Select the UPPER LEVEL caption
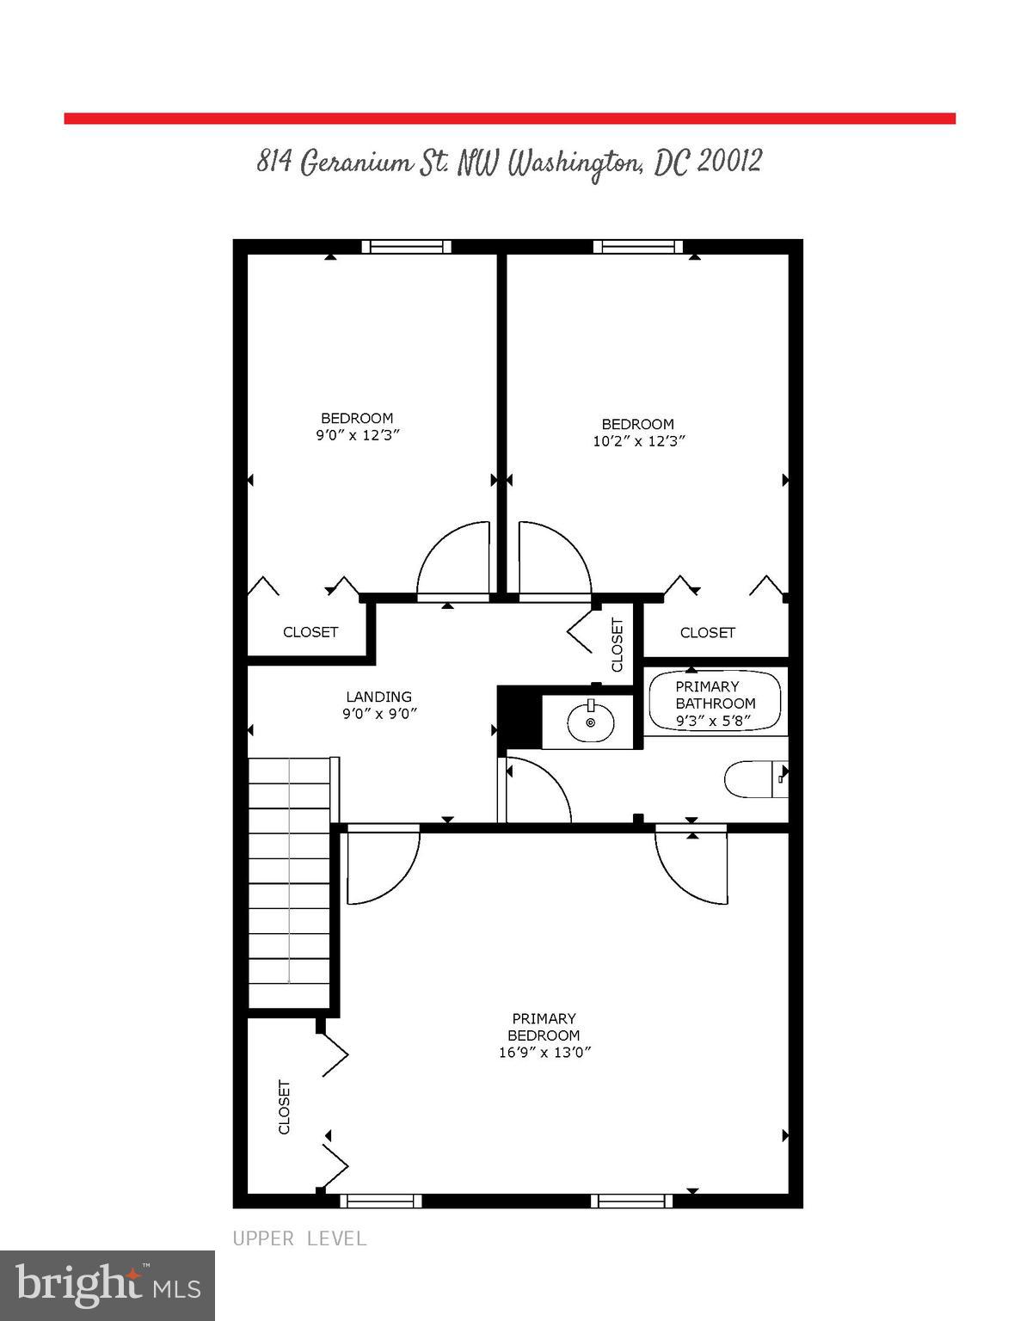[299, 1238]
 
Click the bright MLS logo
[108, 1285]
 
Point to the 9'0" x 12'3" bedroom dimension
[357, 435]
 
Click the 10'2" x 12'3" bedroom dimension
[638, 441]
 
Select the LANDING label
[378, 697]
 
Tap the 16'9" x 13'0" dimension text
[544, 1052]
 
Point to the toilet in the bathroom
[753, 780]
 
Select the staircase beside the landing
[289, 882]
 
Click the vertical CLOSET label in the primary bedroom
[284, 1107]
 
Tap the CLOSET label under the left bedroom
[310, 632]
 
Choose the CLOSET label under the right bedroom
[707, 633]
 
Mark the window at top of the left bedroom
[406, 247]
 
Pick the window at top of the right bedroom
[638, 247]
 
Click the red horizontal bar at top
[509, 119]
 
